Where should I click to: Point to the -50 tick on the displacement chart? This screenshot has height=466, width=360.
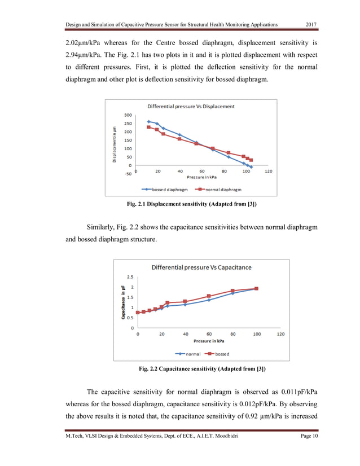pyautogui.click(x=128, y=174)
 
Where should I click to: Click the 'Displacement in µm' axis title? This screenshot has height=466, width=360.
pyautogui.click(x=115, y=143)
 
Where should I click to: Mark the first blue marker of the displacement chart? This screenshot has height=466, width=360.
pyautogui.click(x=148, y=121)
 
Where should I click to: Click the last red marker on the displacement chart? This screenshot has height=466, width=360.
pyautogui.click(x=251, y=160)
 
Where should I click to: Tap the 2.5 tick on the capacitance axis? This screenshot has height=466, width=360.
pyautogui.click(x=130, y=277)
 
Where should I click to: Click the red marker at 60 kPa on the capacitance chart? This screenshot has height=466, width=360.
pyautogui.click(x=209, y=296)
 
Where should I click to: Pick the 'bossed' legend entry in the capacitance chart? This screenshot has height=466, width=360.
pyautogui.click(x=217, y=354)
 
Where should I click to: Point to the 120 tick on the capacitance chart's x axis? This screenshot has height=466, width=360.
pyautogui.click(x=280, y=334)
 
